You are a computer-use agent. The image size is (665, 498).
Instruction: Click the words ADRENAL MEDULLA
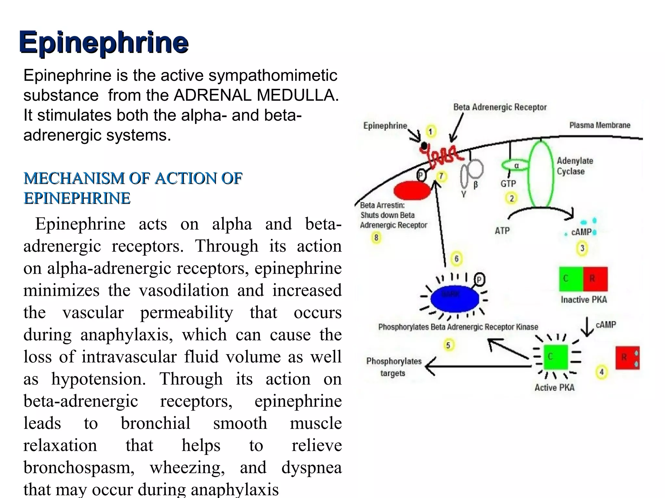256,95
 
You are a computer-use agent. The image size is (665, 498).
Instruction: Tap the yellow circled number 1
431,132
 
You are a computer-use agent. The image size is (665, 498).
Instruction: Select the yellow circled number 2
511,198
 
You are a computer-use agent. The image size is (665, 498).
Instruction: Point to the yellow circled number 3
582,249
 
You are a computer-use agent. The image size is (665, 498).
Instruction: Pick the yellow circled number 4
601,372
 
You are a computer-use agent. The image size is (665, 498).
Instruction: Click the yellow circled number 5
448,345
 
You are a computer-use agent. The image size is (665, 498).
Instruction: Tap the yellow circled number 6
457,259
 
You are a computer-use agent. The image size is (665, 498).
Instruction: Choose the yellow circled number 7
441,176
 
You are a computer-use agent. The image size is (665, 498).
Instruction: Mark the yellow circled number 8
376,238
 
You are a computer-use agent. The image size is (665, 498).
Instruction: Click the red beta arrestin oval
412,191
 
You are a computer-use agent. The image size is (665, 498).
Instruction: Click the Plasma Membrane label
600,125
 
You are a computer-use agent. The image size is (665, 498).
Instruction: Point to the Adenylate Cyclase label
575,166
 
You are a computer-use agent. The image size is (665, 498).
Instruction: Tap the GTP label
508,184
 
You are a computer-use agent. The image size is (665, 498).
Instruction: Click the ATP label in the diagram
502,231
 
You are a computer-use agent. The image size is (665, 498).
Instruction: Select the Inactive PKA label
583,300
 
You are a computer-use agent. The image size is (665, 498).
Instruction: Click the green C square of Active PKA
556,357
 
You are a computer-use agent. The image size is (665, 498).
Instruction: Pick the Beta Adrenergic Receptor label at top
500,107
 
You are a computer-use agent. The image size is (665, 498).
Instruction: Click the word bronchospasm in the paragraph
79,468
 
